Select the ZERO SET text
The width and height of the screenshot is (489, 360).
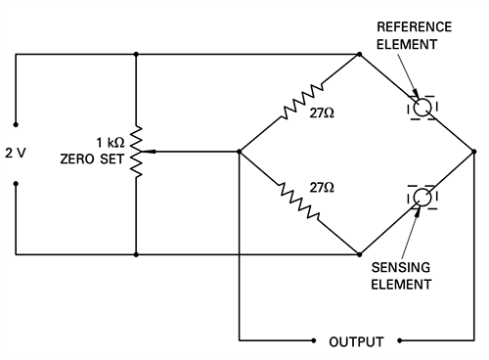[x=94, y=159]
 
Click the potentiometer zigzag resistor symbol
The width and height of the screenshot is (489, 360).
[x=136, y=152]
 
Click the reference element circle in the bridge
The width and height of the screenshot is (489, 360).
[x=422, y=107]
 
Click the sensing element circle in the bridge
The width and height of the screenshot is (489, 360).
[x=422, y=198]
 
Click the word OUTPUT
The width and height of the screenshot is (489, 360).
[x=356, y=342]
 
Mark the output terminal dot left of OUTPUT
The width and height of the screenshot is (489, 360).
[x=314, y=341]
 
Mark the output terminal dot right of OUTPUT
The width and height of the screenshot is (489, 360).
[x=399, y=341]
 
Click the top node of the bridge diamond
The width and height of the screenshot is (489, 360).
[x=359, y=54]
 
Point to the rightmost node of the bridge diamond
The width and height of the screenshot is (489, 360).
[x=474, y=152]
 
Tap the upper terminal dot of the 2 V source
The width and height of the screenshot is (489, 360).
[x=16, y=123]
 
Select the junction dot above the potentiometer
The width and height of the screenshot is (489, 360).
[x=136, y=54]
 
